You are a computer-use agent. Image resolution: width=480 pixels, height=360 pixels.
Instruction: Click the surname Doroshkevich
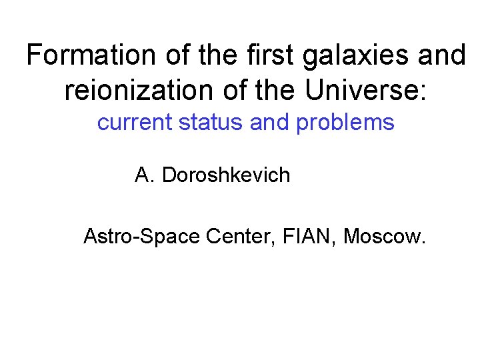click(x=226, y=175)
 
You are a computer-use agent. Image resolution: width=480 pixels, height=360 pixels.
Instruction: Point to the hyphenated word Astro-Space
click(x=141, y=236)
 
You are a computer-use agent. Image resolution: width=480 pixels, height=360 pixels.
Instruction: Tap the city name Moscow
click(x=383, y=236)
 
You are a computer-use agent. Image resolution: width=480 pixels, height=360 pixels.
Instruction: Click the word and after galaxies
click(x=443, y=55)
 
